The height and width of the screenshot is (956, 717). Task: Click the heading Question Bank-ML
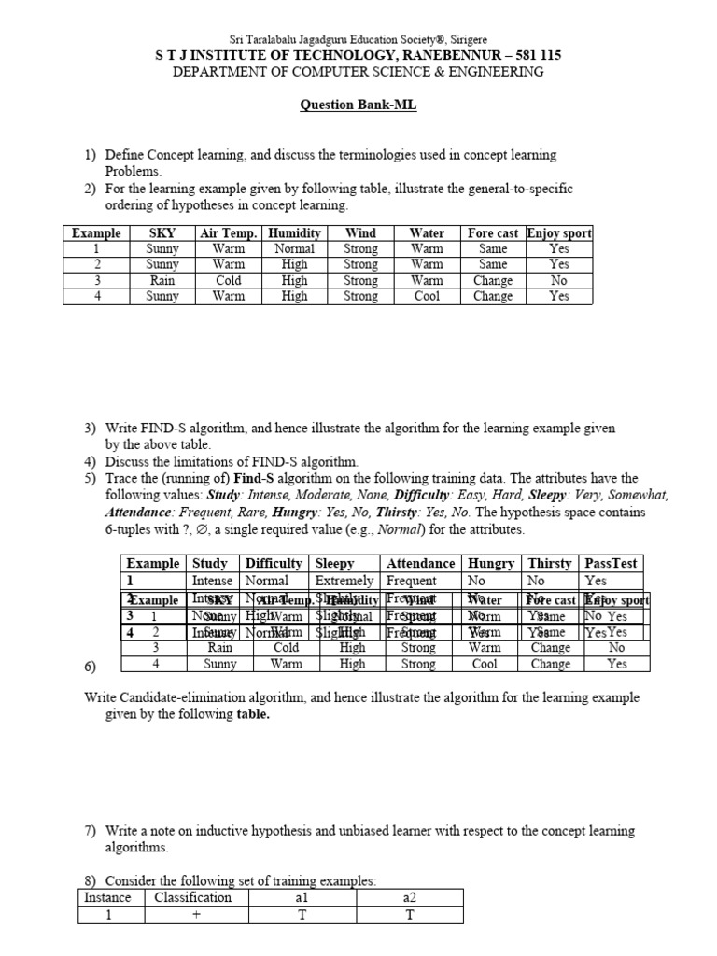[358, 105]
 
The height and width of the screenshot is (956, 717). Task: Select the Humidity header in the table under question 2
[294, 233]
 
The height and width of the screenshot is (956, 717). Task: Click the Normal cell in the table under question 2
[294, 249]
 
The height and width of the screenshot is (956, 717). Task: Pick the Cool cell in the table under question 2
[427, 296]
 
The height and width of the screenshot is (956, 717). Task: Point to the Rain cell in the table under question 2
[162, 280]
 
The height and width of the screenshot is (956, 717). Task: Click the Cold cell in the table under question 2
[228, 280]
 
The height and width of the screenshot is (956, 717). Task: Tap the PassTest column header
[612, 563]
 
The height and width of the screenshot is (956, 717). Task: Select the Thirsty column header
[550, 563]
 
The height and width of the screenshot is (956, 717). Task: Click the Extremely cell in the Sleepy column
[344, 581]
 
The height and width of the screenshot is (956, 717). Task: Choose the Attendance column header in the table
[421, 563]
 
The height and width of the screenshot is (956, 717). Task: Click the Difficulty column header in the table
[274, 563]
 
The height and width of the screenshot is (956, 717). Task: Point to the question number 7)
[91, 830]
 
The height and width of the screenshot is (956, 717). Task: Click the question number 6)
[91, 666]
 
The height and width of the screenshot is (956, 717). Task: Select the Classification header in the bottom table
[192, 897]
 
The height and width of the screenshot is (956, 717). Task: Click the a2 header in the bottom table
[409, 897]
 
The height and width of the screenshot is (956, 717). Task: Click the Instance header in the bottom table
[107, 897]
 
